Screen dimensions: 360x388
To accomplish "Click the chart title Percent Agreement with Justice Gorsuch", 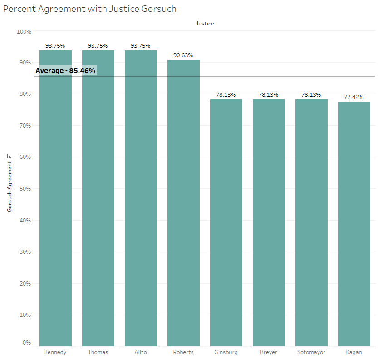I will pyautogui.click(x=90, y=9).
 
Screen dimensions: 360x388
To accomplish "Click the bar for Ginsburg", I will pyautogui.click(x=226, y=223).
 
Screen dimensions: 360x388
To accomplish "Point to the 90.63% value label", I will pyautogui.click(x=183, y=55).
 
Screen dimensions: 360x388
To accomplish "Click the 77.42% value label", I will pyautogui.click(x=354, y=97).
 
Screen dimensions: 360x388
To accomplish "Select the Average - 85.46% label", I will pyautogui.click(x=65, y=71).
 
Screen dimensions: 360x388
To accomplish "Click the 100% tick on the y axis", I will pyautogui.click(x=23, y=31).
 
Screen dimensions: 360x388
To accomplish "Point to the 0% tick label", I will pyautogui.click(x=27, y=343).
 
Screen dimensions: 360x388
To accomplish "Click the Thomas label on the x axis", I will pyautogui.click(x=98, y=352).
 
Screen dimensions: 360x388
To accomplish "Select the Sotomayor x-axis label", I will pyautogui.click(x=311, y=352).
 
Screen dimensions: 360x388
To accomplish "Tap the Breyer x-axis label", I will pyautogui.click(x=269, y=352).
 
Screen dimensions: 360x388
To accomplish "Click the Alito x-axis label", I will pyautogui.click(x=141, y=352).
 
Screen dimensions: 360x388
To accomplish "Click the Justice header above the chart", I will pyautogui.click(x=205, y=24).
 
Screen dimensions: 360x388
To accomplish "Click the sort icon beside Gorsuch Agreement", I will pyautogui.click(x=9, y=156).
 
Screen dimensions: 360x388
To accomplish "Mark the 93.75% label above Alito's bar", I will pyautogui.click(x=141, y=46).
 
